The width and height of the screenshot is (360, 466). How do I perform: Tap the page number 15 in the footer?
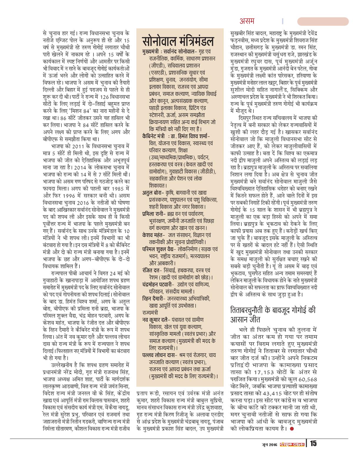[x=312, y=443]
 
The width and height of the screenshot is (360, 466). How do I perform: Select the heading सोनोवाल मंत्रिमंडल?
[x=178, y=41]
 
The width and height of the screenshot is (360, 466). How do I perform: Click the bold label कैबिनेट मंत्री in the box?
[x=154, y=137]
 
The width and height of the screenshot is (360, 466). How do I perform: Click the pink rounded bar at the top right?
[x=323, y=21]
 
